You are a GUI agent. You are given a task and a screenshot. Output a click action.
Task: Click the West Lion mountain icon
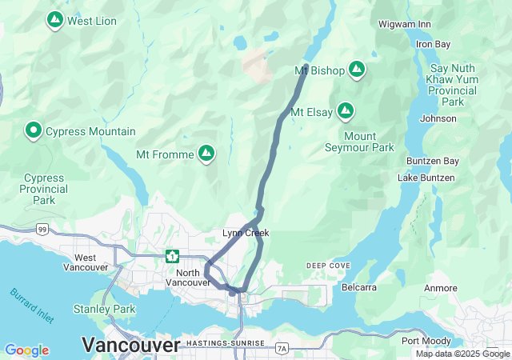pyautogui.click(x=55, y=20)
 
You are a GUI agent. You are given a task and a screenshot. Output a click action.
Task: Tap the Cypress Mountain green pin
pyautogui.click(x=34, y=130)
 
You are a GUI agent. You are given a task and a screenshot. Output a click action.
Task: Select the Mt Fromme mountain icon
pyautogui.click(x=206, y=153)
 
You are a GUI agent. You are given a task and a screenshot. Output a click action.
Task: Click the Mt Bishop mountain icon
pyautogui.click(x=357, y=70)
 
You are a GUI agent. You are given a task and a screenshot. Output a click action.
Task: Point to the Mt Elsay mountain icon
pyautogui.click(x=346, y=111)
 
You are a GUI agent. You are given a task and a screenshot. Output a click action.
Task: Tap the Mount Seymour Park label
pyautogui.click(x=359, y=142)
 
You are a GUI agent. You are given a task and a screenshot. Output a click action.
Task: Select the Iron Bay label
pyautogui.click(x=433, y=43)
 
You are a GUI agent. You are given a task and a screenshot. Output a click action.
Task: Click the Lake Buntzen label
pyautogui.click(x=426, y=177)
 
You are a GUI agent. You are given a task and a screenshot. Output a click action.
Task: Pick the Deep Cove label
pyautogui.click(x=327, y=266)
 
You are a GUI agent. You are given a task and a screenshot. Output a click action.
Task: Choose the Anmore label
pyautogui.click(x=441, y=288)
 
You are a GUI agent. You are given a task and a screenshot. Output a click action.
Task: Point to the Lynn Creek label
pyautogui.click(x=246, y=233)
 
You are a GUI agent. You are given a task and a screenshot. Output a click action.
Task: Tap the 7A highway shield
pyautogui.click(x=281, y=348)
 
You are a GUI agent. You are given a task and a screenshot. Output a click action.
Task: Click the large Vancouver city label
pyautogui.click(x=131, y=346)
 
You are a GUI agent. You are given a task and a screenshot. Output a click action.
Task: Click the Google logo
pyautogui.click(x=26, y=350)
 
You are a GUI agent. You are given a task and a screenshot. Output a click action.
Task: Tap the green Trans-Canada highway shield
pyautogui.click(x=172, y=256)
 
